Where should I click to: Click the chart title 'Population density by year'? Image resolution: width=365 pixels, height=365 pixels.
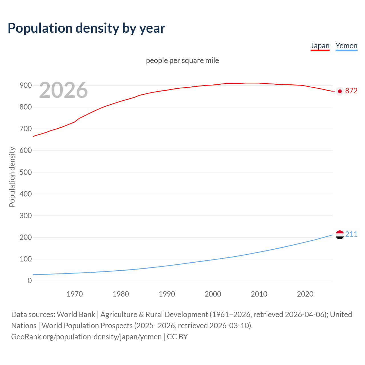(x=86, y=28)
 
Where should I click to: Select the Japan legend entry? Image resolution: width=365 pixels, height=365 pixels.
(x=320, y=46)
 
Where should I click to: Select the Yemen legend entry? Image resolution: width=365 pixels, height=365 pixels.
(x=346, y=46)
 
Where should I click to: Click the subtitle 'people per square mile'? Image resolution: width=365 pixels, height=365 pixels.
(x=182, y=60)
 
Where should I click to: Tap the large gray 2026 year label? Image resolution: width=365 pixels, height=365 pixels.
(x=63, y=90)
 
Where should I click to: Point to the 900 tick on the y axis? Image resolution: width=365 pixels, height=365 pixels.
(x=26, y=85)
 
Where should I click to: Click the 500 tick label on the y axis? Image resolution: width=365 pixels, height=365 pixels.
(x=26, y=172)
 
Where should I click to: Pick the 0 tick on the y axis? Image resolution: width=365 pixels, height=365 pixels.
(x=30, y=281)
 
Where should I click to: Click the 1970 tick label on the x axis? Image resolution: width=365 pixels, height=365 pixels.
(x=75, y=294)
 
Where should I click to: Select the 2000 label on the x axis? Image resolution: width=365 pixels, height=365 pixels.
(x=213, y=294)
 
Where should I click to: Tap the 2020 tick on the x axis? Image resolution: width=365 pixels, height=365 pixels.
(x=305, y=294)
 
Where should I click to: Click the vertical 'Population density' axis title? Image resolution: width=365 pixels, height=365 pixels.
(x=12, y=177)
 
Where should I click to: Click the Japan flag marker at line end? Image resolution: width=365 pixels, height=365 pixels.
(x=340, y=91)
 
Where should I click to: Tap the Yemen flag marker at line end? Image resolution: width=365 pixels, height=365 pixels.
(x=340, y=235)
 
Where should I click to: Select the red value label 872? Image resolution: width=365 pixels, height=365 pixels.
(x=351, y=91)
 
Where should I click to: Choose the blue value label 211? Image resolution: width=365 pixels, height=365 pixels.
(x=351, y=234)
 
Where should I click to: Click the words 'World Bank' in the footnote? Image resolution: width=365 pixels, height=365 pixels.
(x=76, y=315)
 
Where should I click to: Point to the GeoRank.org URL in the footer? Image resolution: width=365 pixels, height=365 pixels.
(x=86, y=337)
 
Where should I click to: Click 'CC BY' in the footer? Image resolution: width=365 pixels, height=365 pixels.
(x=177, y=337)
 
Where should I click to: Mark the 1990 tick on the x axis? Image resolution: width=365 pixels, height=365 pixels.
(x=167, y=294)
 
